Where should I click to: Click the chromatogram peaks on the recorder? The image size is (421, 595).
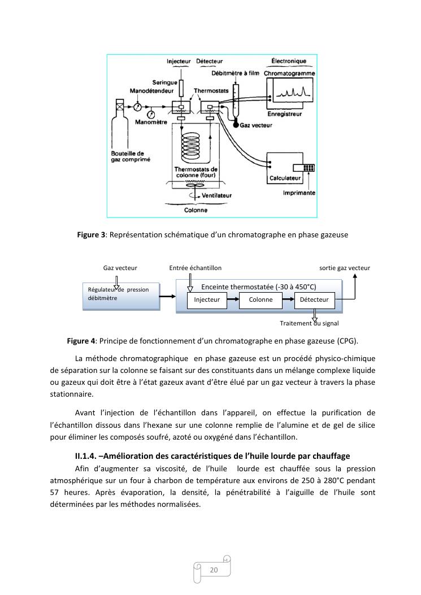293,92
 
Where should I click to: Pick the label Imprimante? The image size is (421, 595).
299,193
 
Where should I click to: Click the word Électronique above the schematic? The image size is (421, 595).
289,61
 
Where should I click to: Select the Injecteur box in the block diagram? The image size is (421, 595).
207,299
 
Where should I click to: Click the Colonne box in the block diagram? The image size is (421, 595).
261,299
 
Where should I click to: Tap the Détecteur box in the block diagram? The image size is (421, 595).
314,299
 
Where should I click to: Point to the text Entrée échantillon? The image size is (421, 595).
196,268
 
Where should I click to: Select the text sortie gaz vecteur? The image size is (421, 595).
345,268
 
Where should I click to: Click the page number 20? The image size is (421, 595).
214,570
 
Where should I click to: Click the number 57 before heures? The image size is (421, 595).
55,492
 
